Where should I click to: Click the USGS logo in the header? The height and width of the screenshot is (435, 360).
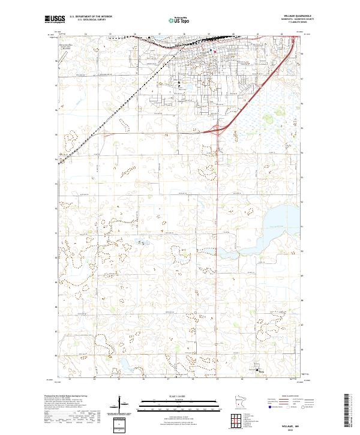coord(54,19)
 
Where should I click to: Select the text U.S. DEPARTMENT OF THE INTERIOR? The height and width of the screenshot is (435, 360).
coord(91,17)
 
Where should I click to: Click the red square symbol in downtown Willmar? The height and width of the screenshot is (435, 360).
coord(214,51)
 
